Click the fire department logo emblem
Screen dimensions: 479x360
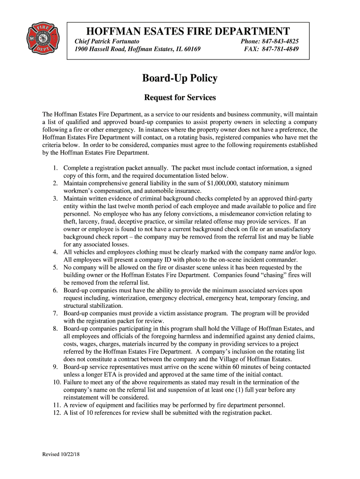pyautogui.click(x=43, y=36)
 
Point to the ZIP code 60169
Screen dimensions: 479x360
pyautogui.click(x=191, y=49)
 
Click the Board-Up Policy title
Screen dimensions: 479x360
pyautogui.click(x=180, y=78)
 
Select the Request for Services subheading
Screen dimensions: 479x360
pyautogui.click(x=180, y=98)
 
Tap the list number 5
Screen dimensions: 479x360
pyautogui.click(x=55, y=268)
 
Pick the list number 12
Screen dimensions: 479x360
pyautogui.click(x=53, y=413)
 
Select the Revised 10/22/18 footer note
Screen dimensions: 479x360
pyautogui.click(x=61, y=454)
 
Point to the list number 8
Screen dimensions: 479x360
pyautogui.click(x=55, y=328)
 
